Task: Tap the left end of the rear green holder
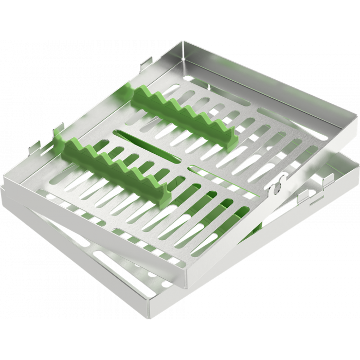tap(127, 93)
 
